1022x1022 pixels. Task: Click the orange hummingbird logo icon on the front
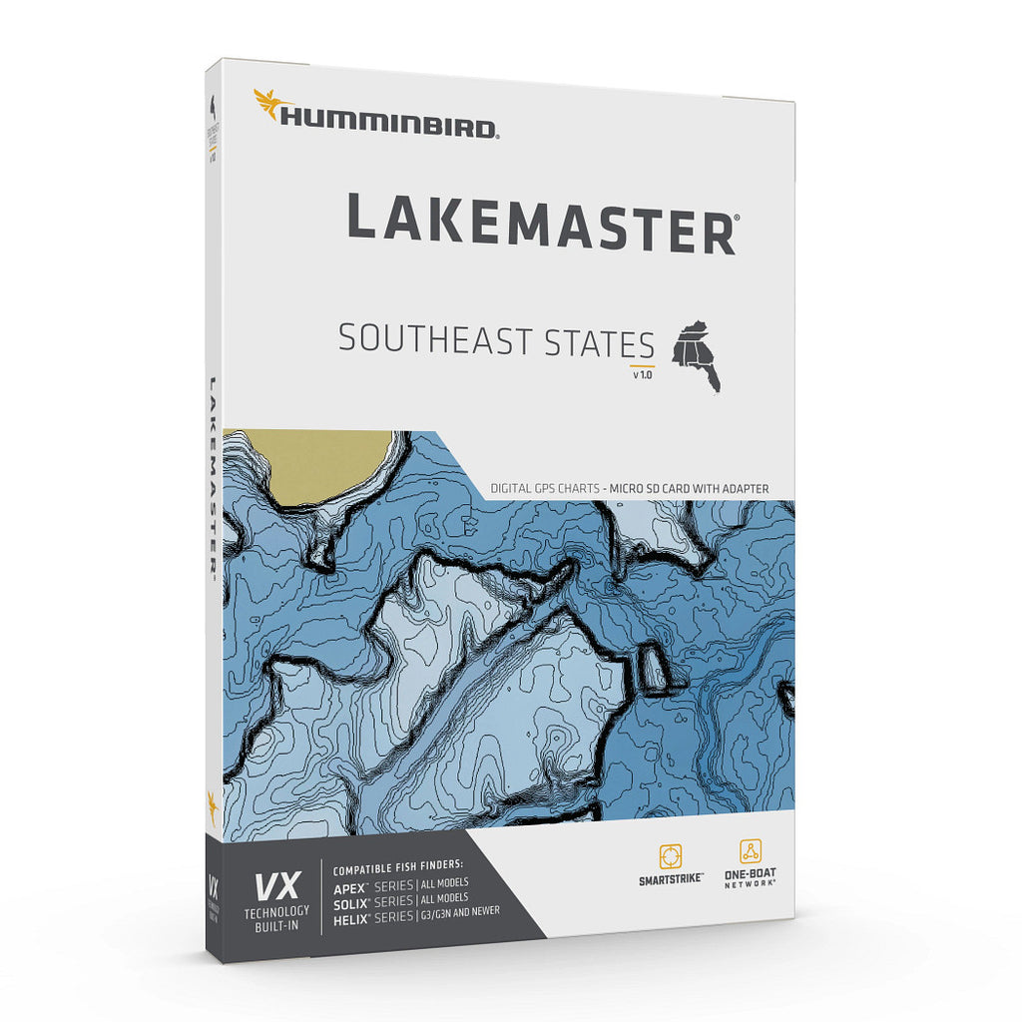(267, 103)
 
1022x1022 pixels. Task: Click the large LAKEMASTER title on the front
(542, 219)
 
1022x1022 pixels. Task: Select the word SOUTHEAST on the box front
(437, 340)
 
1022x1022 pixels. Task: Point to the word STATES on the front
(599, 343)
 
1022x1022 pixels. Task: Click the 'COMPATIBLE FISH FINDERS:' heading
(392, 868)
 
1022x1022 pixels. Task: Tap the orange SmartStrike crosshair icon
(670, 856)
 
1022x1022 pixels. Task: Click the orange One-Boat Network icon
(750, 851)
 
